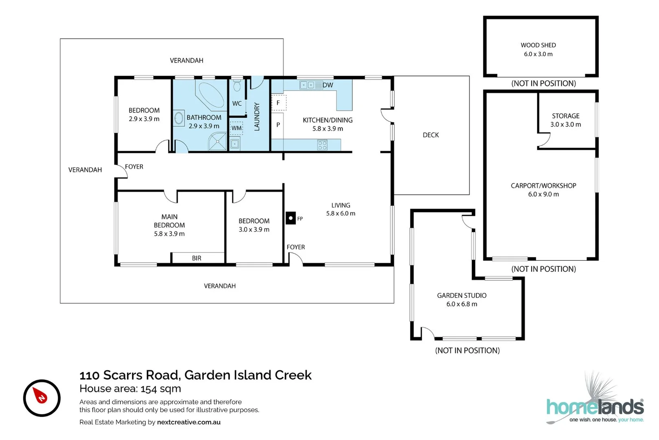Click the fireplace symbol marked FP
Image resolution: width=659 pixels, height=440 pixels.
click(290, 218)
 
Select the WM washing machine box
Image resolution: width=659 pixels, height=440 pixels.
click(236, 128)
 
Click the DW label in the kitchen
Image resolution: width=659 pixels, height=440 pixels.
click(328, 85)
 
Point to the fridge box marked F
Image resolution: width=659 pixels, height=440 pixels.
click(279, 103)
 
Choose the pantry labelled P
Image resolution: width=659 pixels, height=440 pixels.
click(278, 125)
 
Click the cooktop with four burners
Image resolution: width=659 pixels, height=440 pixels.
click(322, 145)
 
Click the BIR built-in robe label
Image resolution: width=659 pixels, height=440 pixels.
click(196, 258)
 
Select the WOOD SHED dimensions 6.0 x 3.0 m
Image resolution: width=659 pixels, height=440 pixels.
click(538, 54)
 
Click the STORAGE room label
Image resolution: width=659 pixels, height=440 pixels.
click(565, 116)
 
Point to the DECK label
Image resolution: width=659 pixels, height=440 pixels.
click(430, 135)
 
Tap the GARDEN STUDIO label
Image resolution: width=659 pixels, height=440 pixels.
click(461, 295)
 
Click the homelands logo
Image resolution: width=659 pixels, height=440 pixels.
click(595, 407)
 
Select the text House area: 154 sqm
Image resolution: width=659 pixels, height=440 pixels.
click(130, 389)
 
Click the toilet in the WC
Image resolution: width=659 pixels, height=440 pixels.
click(237, 86)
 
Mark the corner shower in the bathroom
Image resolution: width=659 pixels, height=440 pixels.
click(218, 142)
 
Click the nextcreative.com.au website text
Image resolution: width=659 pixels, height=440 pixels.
click(189, 422)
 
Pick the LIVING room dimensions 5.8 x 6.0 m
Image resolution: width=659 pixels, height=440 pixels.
click(340, 213)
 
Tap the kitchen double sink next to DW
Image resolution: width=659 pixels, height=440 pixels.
click(307, 85)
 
